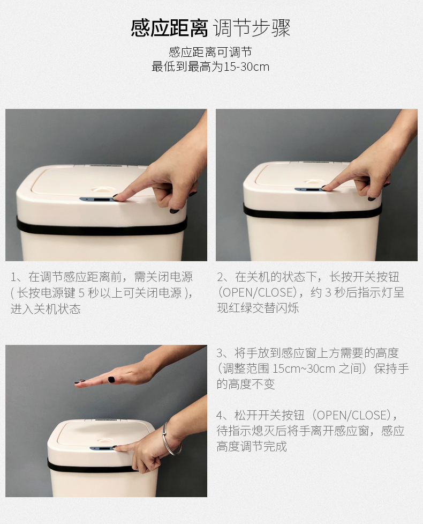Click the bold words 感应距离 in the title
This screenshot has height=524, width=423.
(169, 28)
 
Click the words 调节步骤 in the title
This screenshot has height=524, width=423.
(252, 28)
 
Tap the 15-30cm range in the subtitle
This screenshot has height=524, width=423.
(246, 67)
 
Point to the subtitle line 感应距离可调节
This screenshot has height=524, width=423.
(210, 52)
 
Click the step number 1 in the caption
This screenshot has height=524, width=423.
(13, 277)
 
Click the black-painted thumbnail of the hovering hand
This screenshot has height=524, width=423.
(111, 379)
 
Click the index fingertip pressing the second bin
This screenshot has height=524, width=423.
(326, 187)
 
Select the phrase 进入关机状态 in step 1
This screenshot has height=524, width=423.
(46, 309)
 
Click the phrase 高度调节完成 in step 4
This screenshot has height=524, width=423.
(252, 446)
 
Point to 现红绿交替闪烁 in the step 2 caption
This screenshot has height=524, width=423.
(258, 308)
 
